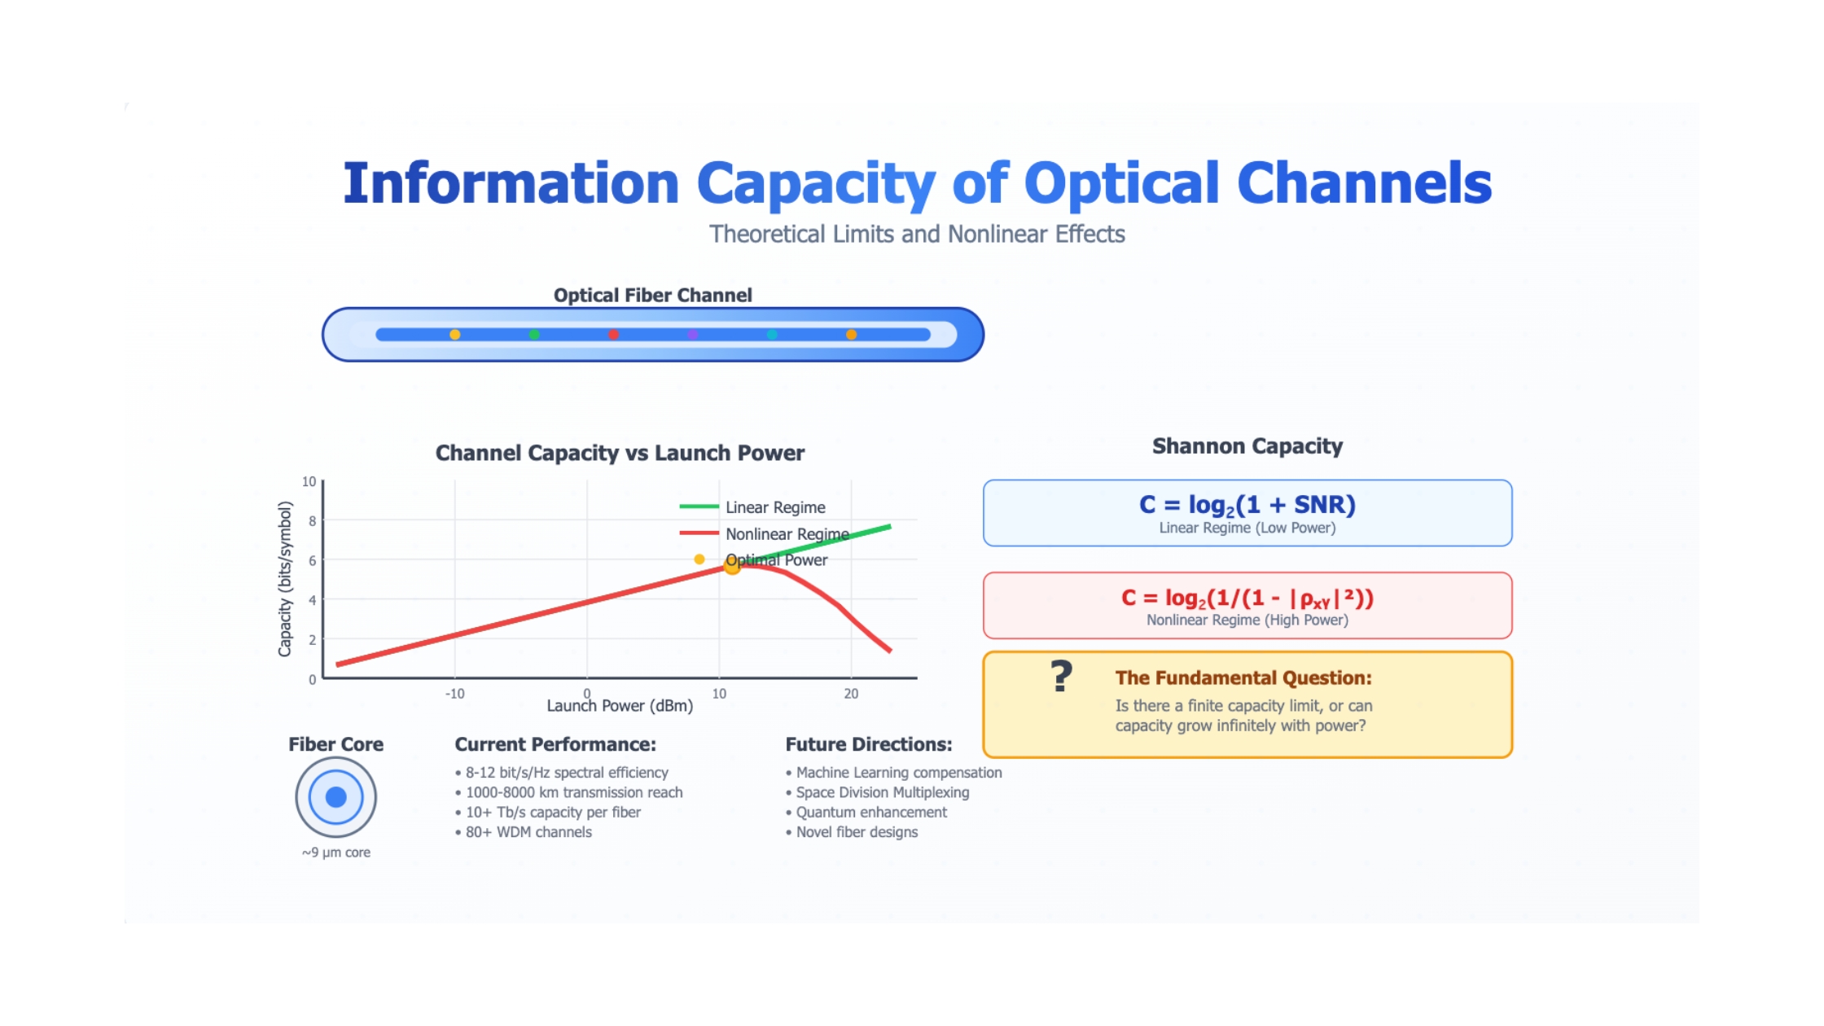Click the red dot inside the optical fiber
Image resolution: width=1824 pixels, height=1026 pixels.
tap(613, 335)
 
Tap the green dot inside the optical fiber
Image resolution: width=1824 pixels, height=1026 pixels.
tap(534, 335)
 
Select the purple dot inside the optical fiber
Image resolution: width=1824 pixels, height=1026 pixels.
tap(693, 335)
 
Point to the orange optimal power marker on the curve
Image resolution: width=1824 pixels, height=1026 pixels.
tap(732, 566)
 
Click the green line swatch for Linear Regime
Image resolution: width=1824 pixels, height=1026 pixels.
tap(699, 506)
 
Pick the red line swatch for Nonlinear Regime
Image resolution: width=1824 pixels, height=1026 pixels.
tap(699, 533)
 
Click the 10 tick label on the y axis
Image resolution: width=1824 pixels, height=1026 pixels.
tap(309, 481)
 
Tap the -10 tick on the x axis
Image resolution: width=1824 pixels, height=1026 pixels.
tap(454, 694)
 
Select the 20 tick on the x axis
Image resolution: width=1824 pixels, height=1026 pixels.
tap(851, 694)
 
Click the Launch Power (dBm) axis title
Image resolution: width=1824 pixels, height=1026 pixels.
tap(620, 706)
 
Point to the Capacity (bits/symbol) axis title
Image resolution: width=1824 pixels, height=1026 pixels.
tap(284, 579)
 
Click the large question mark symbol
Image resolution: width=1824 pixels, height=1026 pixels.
tap(1061, 676)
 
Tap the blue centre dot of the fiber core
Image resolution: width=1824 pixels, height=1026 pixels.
tap(335, 797)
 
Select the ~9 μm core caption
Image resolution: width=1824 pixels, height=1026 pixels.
tap(335, 853)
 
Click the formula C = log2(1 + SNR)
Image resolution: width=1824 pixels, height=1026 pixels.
tap(1247, 505)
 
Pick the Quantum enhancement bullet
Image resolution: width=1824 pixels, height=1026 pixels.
tap(866, 813)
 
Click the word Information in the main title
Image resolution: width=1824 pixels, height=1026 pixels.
tap(511, 183)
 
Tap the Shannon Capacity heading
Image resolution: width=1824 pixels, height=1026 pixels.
tap(1247, 446)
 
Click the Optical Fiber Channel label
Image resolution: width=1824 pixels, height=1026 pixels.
tap(653, 295)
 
